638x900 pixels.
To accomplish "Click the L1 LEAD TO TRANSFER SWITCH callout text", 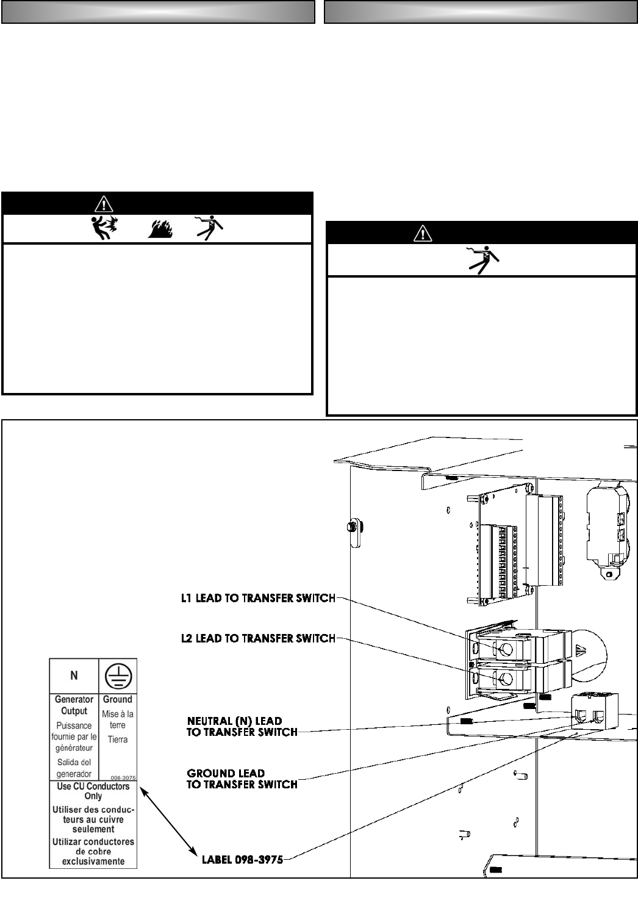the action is point(258,599).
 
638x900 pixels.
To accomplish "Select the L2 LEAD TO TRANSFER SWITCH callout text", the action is point(258,638).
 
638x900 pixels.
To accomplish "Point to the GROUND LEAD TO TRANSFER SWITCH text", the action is point(242,779).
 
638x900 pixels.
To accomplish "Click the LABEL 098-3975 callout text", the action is point(242,860).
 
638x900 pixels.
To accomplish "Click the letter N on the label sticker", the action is point(74,675).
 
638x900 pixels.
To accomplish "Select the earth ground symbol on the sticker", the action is point(118,675).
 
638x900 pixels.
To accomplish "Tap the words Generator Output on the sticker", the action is point(74,705).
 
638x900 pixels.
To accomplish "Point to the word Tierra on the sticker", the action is point(118,740).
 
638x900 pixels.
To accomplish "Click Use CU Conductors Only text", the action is point(93,791).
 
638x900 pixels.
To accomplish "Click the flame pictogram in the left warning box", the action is point(160,229).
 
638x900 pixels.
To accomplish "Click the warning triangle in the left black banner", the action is point(104,204).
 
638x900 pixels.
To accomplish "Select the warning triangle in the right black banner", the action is point(422,232).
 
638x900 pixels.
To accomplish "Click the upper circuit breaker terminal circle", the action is point(505,649).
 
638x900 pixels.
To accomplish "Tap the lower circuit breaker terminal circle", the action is point(505,678).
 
